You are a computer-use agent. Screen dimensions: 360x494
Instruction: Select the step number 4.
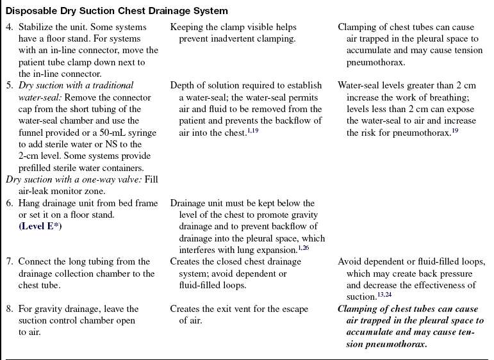coord(9,28)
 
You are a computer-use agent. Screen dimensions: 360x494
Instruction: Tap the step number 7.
coord(9,262)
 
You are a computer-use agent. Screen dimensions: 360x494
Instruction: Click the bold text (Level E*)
coord(44,226)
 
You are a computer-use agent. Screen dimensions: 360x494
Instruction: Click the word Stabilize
coord(40,28)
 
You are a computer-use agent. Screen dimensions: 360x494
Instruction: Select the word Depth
coord(183,85)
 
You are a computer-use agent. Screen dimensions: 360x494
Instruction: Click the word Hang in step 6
coord(28,203)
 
